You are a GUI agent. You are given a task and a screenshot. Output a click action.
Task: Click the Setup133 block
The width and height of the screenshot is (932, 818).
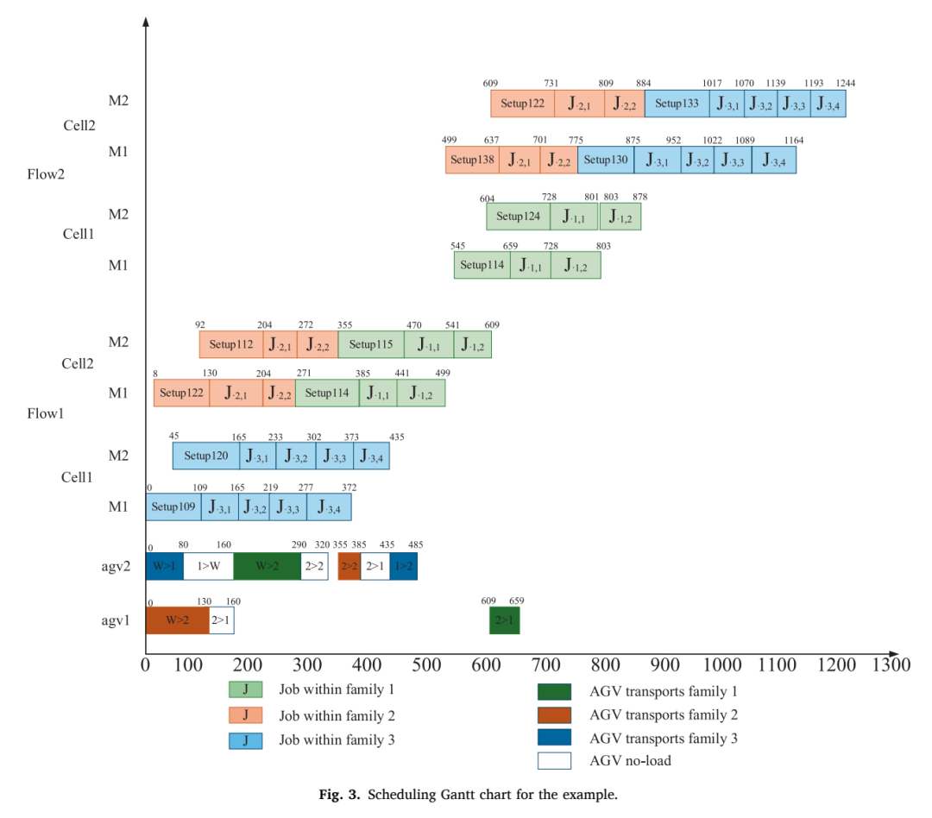677,104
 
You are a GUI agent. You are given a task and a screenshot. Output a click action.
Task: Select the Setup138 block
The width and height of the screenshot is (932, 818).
473,160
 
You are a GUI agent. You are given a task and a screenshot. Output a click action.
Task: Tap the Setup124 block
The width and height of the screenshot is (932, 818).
519,217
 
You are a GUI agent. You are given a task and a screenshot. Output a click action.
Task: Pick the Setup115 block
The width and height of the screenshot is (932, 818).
371,344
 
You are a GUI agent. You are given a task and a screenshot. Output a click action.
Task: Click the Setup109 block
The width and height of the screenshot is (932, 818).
173,507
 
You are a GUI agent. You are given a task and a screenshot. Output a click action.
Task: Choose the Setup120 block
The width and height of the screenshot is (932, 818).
206,456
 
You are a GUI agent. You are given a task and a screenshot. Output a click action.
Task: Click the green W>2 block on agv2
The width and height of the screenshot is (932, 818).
267,566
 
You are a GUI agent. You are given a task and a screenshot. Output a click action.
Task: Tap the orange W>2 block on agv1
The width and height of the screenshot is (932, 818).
177,620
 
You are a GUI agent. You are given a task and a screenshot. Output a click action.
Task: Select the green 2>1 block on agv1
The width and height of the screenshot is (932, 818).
505,620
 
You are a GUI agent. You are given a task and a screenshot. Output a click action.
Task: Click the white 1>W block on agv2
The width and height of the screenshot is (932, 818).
209,566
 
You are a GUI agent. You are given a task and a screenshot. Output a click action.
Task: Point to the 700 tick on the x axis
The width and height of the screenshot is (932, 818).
545,664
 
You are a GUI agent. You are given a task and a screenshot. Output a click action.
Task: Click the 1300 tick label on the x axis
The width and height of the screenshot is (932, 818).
891,664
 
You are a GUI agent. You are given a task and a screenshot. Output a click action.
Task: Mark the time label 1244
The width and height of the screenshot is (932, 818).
845,83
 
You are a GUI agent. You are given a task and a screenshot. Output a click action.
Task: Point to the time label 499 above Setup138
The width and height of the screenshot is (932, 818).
450,140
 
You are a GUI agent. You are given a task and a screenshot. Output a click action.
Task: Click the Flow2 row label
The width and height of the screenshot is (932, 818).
46,174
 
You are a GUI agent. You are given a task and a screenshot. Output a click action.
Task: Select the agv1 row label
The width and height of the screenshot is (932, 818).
116,620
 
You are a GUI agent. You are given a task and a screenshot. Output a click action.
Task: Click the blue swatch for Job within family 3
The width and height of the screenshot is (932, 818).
245,740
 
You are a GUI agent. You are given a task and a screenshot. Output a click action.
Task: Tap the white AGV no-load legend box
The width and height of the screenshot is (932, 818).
555,761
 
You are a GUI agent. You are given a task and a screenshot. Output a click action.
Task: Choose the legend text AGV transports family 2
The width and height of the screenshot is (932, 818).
664,715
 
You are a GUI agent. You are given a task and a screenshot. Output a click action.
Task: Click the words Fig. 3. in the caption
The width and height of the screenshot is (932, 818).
339,795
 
